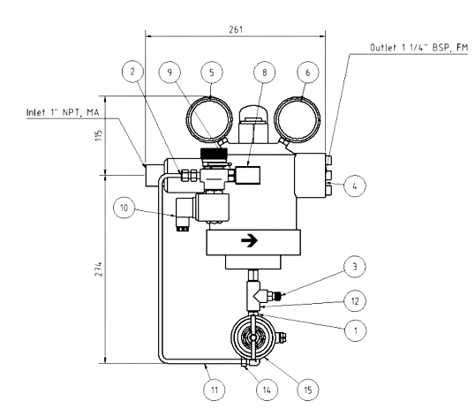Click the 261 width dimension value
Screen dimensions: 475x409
coord(236,29)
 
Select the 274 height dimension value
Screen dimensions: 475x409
coord(99,269)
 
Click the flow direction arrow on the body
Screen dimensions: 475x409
coord(249,241)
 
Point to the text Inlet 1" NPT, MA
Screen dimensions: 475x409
coord(63,112)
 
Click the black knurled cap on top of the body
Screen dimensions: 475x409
coord(214,153)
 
